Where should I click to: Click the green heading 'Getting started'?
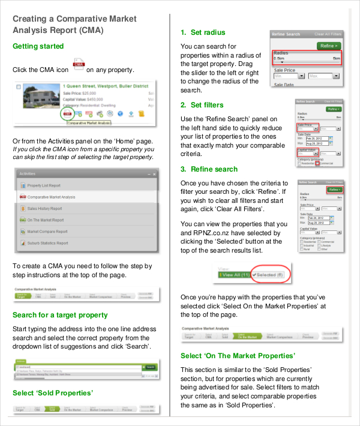[x=38, y=46]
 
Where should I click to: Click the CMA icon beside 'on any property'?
[x=78, y=65]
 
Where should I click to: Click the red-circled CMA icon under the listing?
[x=67, y=113]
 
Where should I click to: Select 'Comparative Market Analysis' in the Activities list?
[x=51, y=197]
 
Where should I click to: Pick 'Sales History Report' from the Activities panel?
[x=44, y=209]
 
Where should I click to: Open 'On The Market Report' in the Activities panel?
[x=46, y=220]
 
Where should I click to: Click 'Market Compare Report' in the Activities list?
[x=47, y=232]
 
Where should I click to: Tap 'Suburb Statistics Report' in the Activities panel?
[x=47, y=243]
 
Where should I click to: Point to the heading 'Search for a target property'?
[x=60, y=314]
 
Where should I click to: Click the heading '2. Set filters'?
[x=202, y=105]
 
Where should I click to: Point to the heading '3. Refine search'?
[x=209, y=169]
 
